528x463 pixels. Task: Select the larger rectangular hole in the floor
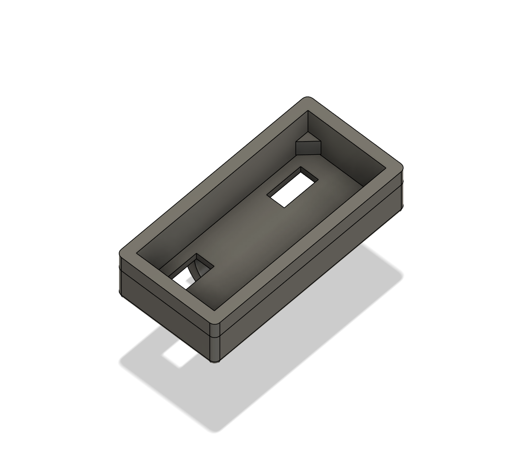[292, 187]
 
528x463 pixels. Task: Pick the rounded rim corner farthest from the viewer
[308, 102]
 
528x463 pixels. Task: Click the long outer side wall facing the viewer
[313, 274]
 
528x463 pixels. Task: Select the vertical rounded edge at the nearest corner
[215, 344]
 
